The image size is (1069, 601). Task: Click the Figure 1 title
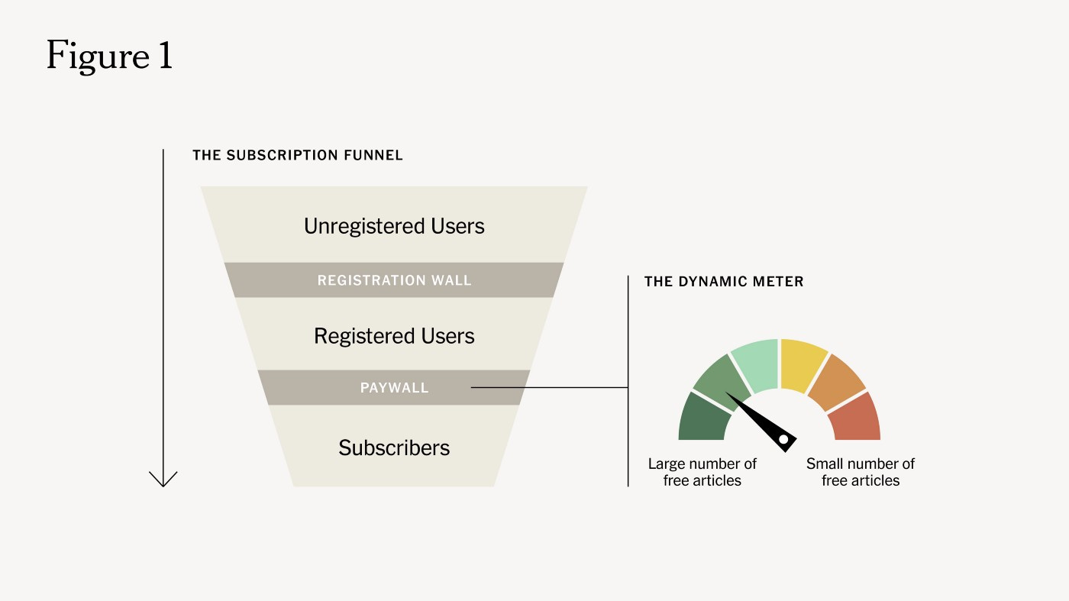point(109,56)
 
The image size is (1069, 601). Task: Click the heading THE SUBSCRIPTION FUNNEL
point(298,155)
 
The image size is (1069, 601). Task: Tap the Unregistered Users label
point(394,226)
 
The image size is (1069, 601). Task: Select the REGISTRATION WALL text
point(394,280)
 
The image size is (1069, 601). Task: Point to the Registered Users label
point(394,336)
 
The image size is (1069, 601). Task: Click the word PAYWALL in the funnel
point(394,388)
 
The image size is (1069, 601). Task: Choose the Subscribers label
point(394,448)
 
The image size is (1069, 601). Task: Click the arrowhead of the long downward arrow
point(163,480)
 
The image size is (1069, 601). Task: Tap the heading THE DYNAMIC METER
point(724,282)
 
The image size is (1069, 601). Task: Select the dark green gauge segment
point(701,418)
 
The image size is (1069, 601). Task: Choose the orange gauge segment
point(838,380)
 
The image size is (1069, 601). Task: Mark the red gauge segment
point(857,418)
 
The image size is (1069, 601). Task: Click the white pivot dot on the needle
point(783,438)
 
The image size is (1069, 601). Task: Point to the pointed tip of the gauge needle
point(727,394)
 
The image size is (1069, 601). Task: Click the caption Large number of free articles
point(702,472)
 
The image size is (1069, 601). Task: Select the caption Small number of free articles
point(861,472)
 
